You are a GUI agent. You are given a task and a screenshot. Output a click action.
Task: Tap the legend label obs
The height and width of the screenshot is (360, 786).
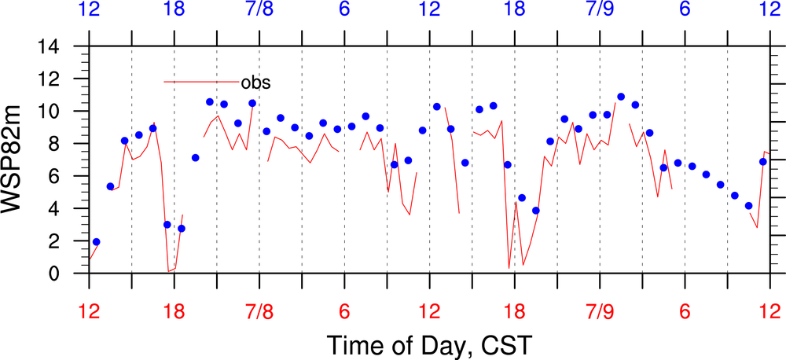pos(255,82)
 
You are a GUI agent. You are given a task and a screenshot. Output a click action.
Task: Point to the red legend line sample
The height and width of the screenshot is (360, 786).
pos(200,82)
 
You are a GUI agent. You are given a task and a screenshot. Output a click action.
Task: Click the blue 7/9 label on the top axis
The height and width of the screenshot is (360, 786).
pos(600,11)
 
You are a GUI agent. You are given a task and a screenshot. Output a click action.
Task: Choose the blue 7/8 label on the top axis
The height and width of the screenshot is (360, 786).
pos(259,11)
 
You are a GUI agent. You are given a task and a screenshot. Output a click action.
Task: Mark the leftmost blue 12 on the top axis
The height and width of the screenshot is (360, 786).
pos(89,11)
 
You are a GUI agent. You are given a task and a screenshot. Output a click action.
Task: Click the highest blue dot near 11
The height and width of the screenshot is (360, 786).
pos(621,97)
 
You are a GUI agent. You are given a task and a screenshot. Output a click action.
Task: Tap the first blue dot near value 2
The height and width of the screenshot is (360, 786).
pos(96,242)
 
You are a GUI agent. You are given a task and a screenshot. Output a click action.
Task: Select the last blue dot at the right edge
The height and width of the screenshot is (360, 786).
pos(762,162)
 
